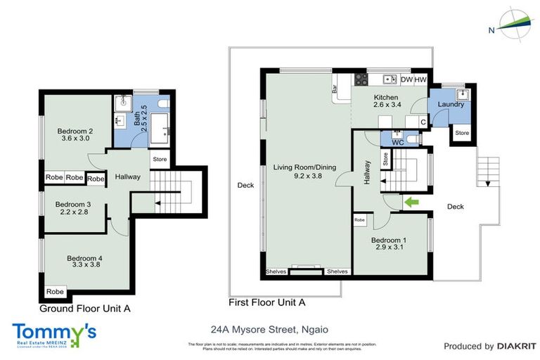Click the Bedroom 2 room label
point(75,134)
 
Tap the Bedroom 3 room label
point(75,208)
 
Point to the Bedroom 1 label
point(390,243)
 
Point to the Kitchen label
point(386,101)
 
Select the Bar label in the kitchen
point(335,89)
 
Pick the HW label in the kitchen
point(420,79)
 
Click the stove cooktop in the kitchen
point(361,79)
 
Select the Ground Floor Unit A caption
point(85,309)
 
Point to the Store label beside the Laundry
point(461,132)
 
